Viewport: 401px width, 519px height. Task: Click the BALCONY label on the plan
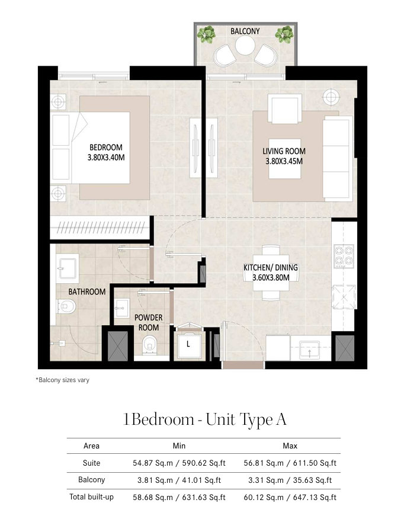pos(245,31)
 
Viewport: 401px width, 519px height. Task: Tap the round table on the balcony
pos(245,46)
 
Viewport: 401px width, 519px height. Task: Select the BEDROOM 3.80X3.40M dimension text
pos(106,152)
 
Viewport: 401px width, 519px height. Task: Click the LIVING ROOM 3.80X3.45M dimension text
pos(284,156)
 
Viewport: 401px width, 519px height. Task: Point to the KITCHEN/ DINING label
pos(271,267)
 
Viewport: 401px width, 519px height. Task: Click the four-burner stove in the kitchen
pos(344,256)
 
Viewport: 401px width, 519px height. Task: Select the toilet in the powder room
pos(150,345)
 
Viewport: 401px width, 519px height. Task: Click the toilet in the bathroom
pos(66,306)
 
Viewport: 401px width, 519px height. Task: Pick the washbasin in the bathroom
pos(67,268)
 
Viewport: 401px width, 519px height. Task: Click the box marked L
pos(188,345)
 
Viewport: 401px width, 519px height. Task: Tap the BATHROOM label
pos(87,291)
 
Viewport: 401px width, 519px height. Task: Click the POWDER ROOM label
pos(149,322)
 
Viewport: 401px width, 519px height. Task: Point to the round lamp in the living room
pos(331,97)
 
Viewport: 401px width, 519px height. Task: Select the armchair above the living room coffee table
pos(284,108)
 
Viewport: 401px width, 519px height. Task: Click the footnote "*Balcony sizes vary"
pos(63,380)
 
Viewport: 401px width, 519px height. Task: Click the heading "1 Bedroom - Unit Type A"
pos(204,419)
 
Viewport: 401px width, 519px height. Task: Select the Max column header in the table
pos(290,446)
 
